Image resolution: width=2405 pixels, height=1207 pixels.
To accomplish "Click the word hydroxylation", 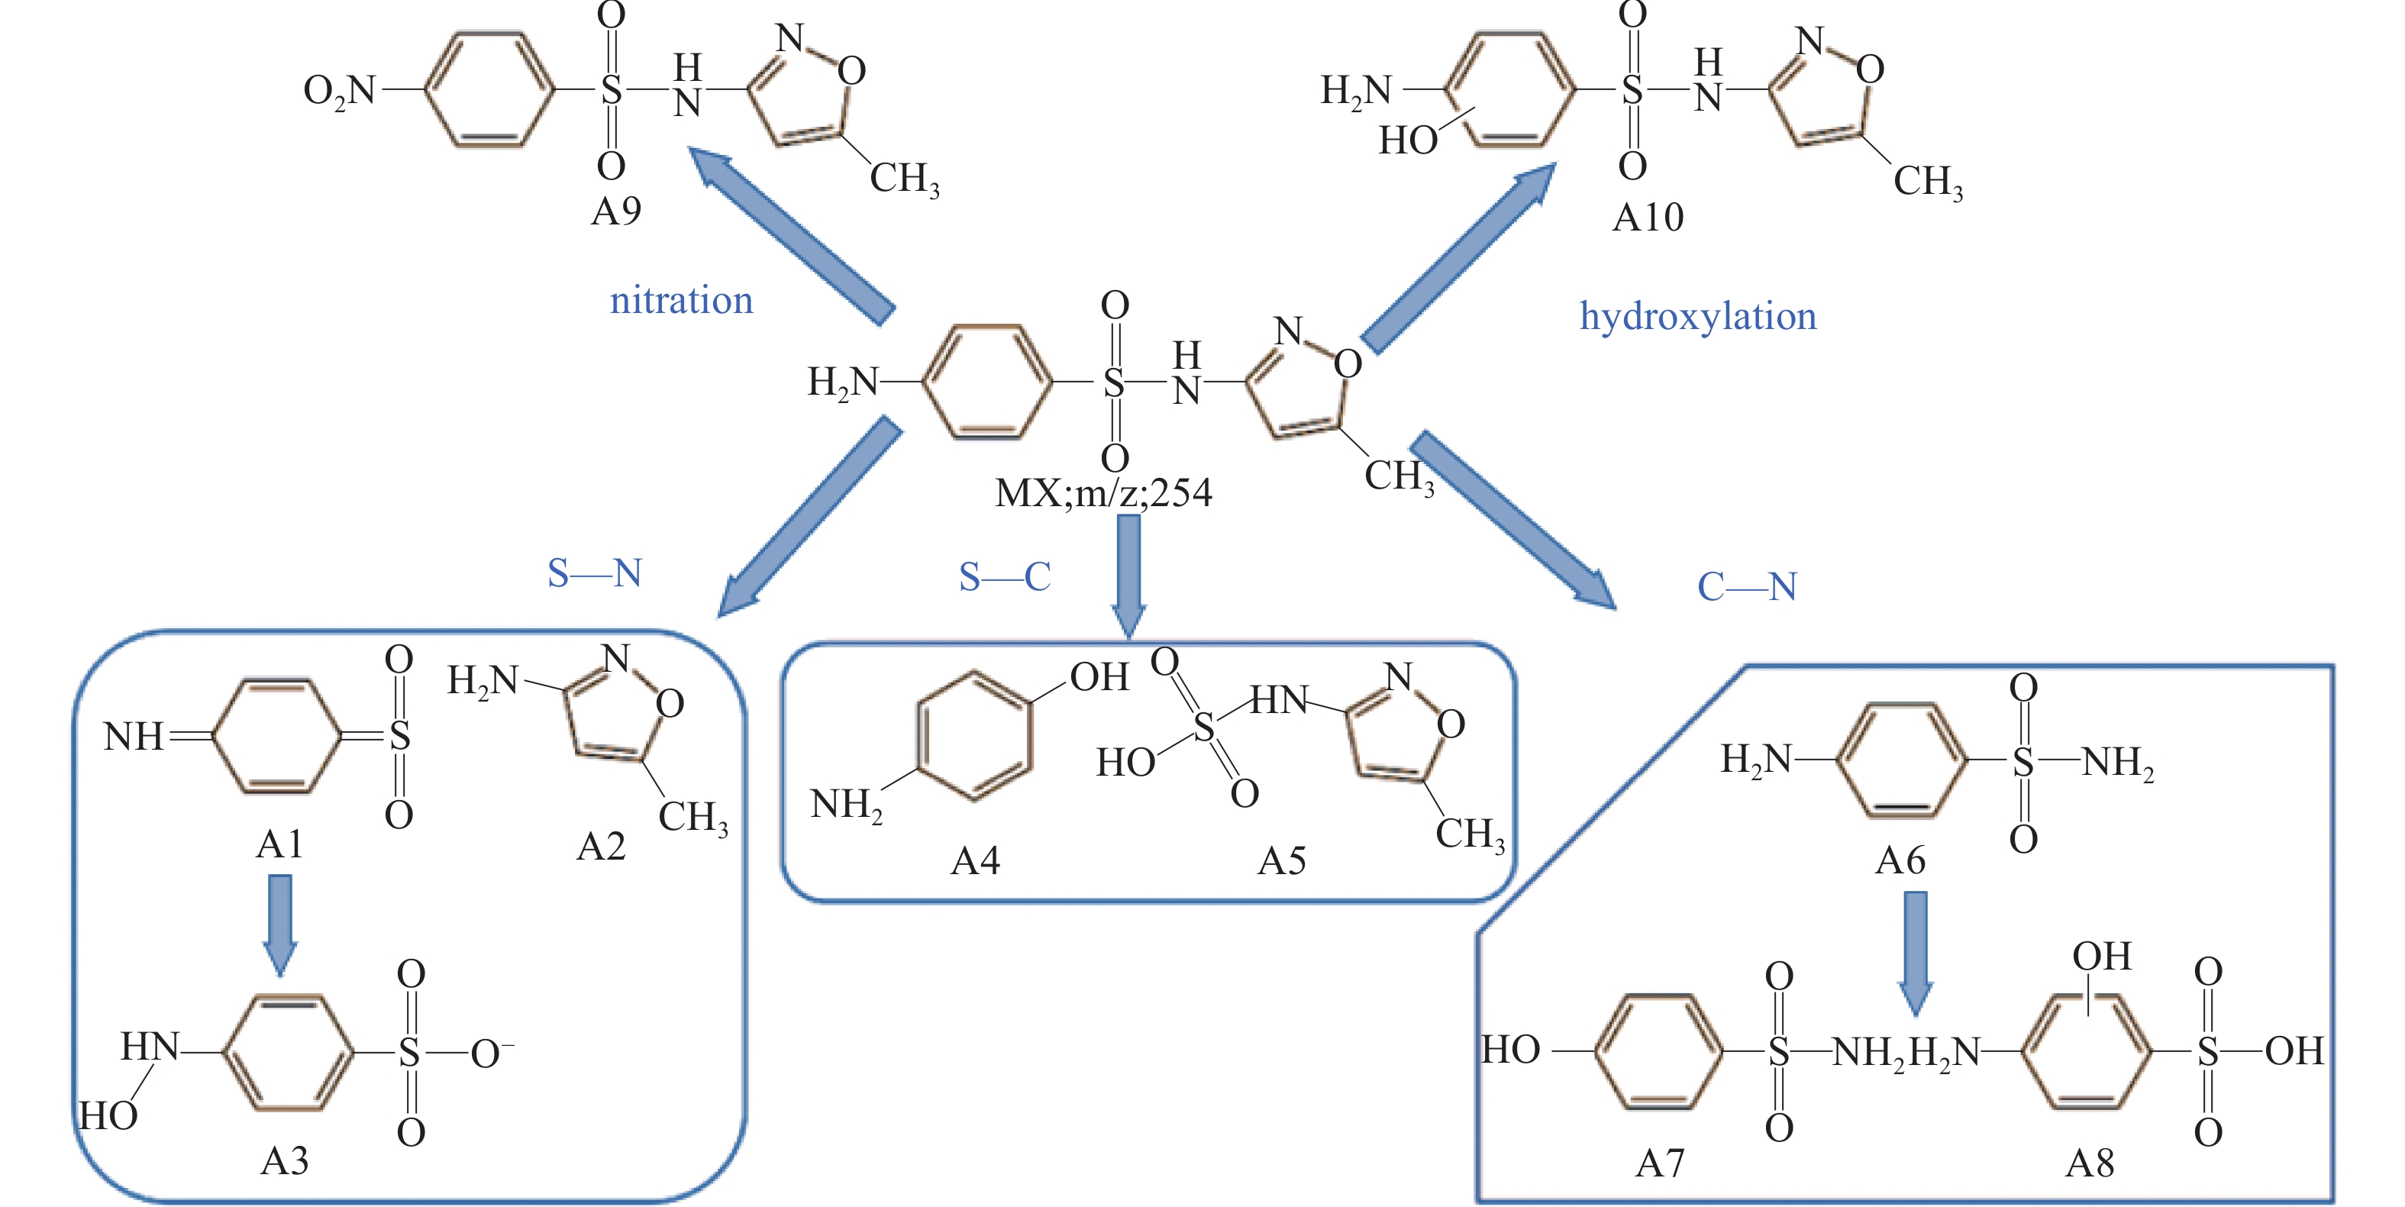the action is point(1698,318).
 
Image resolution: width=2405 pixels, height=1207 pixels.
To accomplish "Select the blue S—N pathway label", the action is point(595,573).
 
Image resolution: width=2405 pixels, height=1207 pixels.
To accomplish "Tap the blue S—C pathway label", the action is point(1006,577).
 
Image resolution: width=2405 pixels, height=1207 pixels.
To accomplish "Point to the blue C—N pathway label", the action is point(1747,587).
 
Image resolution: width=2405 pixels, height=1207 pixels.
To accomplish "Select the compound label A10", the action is point(1649,218).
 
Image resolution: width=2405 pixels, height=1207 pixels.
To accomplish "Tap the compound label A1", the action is point(280,845).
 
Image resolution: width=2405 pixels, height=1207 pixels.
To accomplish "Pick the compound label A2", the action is point(602,847).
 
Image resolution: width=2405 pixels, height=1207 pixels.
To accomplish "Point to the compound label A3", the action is point(284,1161).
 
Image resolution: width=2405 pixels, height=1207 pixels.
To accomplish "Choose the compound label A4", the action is point(976,860).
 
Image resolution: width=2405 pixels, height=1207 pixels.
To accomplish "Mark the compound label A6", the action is point(1901,860).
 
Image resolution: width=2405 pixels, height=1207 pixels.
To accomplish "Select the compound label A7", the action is point(1660,1164).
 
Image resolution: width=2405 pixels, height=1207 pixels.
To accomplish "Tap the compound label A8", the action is point(2090,1164).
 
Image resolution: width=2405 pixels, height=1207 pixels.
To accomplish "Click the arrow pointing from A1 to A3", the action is point(280,925).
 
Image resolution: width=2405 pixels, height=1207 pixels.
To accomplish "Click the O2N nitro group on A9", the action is point(340,92).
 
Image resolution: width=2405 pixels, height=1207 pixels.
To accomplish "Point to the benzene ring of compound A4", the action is point(976,736).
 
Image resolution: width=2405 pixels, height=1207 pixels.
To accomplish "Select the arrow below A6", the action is point(1916,953).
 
